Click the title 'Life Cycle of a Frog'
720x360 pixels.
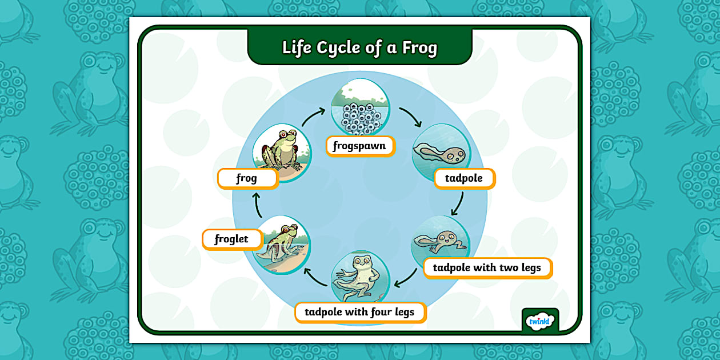359,47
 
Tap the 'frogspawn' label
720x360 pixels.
359,146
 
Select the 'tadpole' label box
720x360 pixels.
463,178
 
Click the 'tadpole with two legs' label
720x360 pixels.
487,267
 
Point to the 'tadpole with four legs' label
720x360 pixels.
359,312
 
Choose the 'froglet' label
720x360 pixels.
231,239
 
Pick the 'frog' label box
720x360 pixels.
247,178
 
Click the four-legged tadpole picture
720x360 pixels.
360,278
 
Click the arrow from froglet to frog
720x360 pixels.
258,205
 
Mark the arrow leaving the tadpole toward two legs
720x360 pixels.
457,203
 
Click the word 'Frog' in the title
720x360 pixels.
419,47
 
